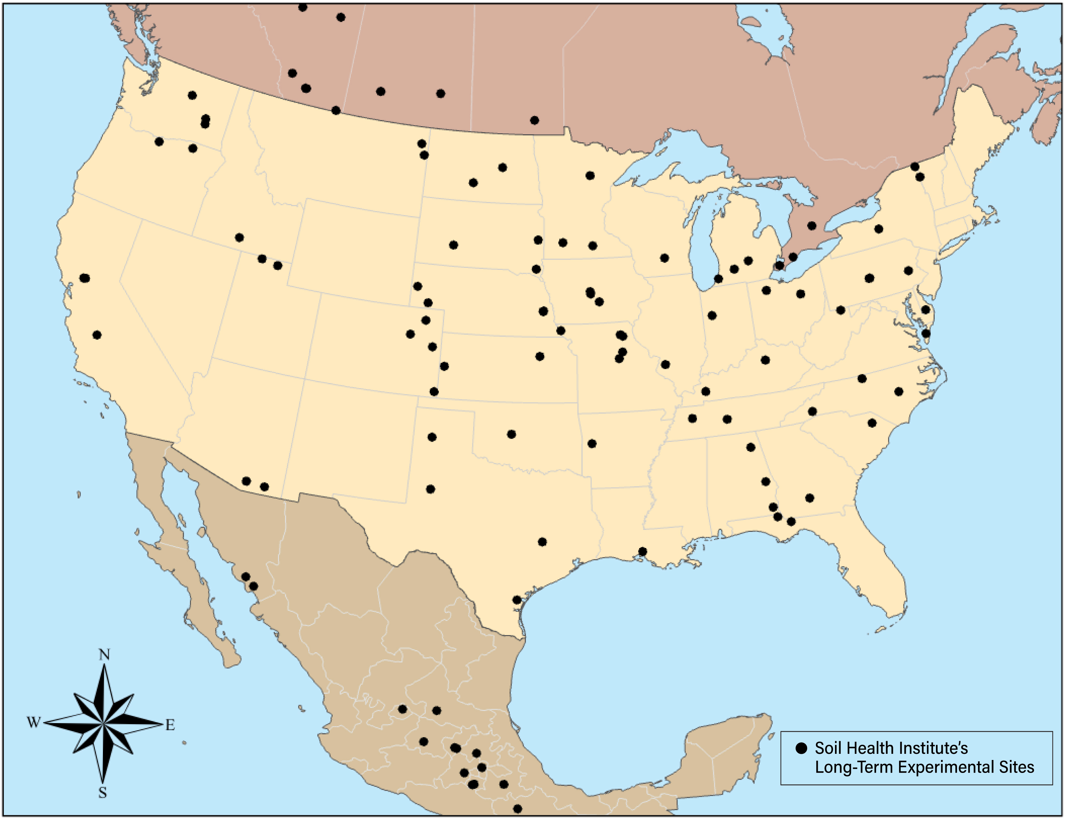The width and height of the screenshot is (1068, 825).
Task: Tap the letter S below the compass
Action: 102,793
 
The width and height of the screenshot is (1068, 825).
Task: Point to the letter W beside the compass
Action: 33,722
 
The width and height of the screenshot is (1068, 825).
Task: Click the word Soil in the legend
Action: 830,748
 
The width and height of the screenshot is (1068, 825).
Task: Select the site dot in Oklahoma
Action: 511,434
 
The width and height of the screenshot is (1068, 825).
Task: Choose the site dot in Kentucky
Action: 765,360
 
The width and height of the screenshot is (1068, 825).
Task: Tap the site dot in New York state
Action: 878,229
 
